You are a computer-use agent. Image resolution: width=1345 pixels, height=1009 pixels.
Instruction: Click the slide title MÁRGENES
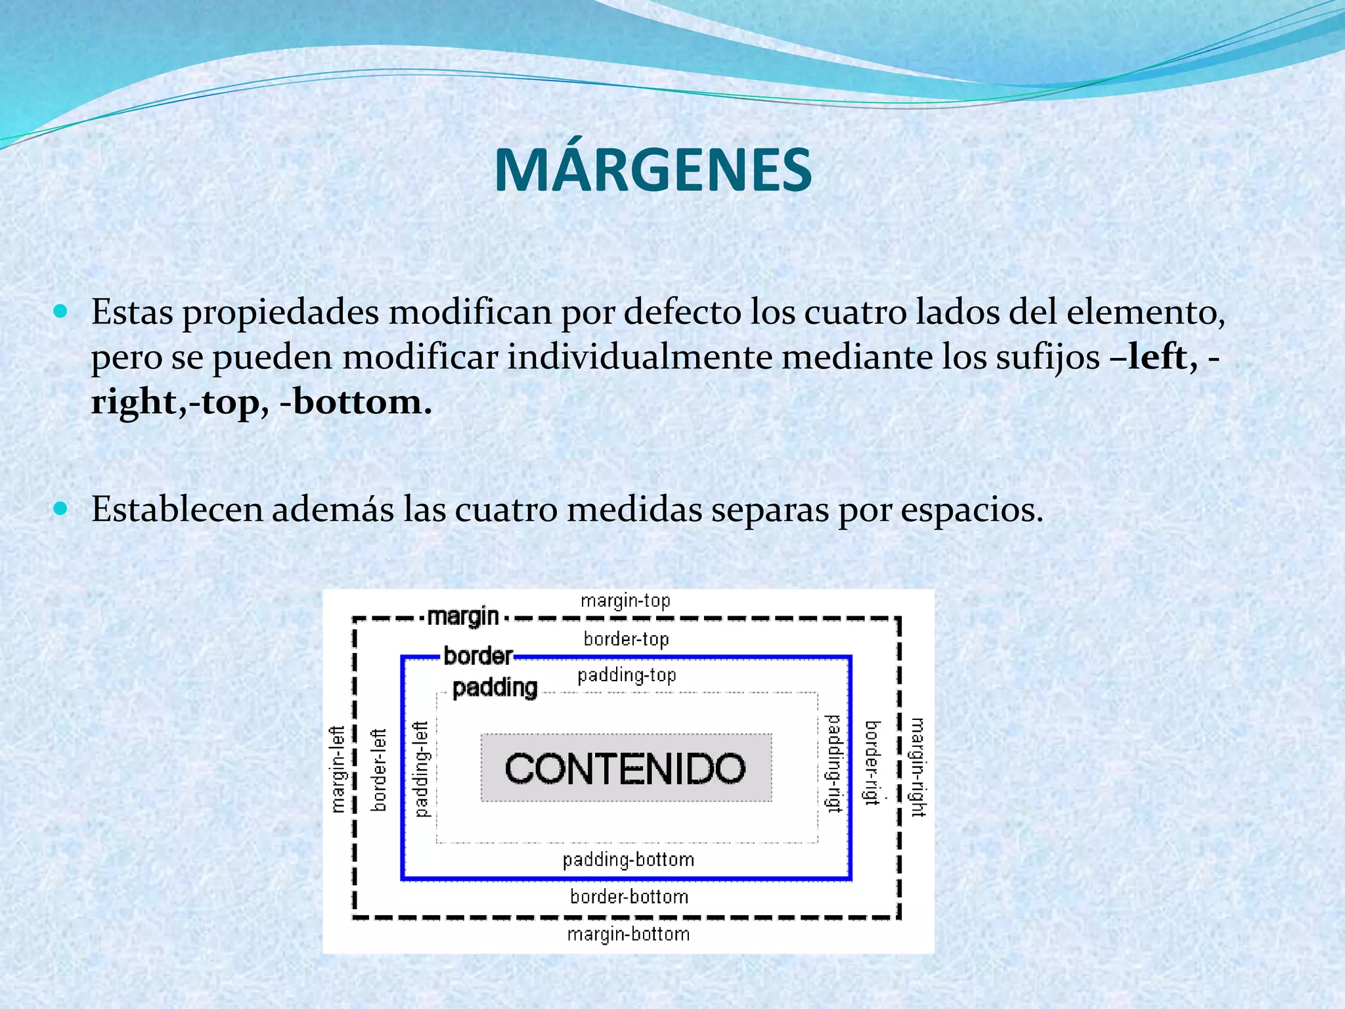point(653,170)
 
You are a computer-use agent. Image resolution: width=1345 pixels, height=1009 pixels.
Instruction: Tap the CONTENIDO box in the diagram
point(626,768)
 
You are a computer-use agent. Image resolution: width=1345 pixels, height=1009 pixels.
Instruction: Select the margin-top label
point(625,600)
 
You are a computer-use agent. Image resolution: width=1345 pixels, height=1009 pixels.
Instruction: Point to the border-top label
point(626,639)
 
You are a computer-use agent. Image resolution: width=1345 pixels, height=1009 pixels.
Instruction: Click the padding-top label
point(627,675)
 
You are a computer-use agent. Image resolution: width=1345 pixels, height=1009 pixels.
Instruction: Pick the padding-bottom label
point(628,859)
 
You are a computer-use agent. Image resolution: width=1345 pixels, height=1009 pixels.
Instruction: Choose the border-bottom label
point(629,897)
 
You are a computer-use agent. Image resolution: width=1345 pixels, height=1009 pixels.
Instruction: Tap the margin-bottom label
point(628,934)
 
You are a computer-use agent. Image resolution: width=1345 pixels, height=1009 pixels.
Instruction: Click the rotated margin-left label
point(338,769)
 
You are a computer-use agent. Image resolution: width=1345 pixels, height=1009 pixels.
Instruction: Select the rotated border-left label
point(379,769)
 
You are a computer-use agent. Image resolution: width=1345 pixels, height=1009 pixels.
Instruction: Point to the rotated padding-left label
point(421,769)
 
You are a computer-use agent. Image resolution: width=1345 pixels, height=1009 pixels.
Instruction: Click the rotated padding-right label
point(833,763)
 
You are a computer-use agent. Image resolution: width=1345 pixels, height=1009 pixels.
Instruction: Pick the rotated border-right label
point(871,763)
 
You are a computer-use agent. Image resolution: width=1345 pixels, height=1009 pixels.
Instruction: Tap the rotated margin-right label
point(917,767)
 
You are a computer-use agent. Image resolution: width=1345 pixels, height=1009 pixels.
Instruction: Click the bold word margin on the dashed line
point(463,617)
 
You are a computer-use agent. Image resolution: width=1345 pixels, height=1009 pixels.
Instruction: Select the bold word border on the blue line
point(478,656)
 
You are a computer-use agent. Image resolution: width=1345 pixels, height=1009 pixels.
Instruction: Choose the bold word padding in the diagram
point(495,688)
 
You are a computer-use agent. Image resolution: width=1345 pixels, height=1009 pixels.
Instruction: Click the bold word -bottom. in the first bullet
point(357,401)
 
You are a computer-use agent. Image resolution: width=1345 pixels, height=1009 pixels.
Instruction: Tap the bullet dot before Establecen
point(60,508)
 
